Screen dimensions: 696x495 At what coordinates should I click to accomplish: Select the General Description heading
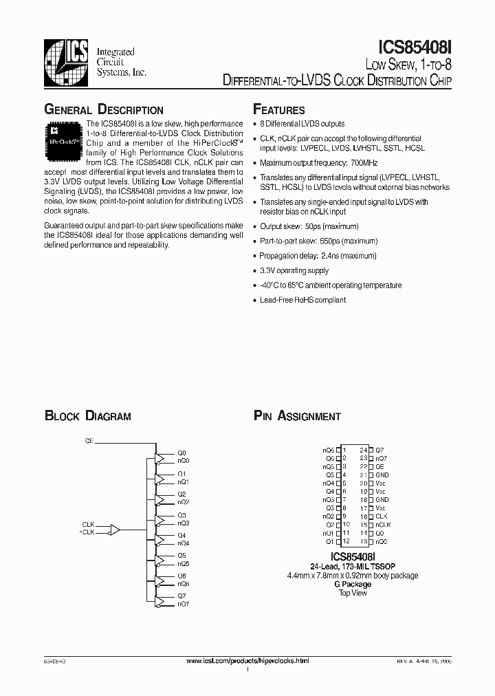[x=103, y=110]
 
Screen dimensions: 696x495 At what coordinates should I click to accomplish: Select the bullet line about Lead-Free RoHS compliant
[x=302, y=300]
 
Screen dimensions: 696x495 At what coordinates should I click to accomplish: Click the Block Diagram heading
[x=87, y=416]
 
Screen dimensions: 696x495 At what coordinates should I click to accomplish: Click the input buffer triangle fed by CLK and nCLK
[x=115, y=530]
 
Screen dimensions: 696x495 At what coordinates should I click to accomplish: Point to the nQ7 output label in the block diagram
[x=183, y=604]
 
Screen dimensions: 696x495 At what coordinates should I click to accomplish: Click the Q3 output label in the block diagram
[x=181, y=515]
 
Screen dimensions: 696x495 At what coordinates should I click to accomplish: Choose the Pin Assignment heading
[x=297, y=416]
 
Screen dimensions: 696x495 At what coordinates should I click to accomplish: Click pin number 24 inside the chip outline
[x=363, y=450]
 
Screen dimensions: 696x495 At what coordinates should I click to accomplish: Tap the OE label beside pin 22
[x=379, y=466]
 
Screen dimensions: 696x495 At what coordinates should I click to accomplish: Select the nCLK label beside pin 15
[x=382, y=525]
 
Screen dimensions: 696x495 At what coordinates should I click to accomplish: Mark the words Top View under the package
[x=353, y=593]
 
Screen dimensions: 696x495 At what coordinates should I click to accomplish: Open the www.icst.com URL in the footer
[x=247, y=660]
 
